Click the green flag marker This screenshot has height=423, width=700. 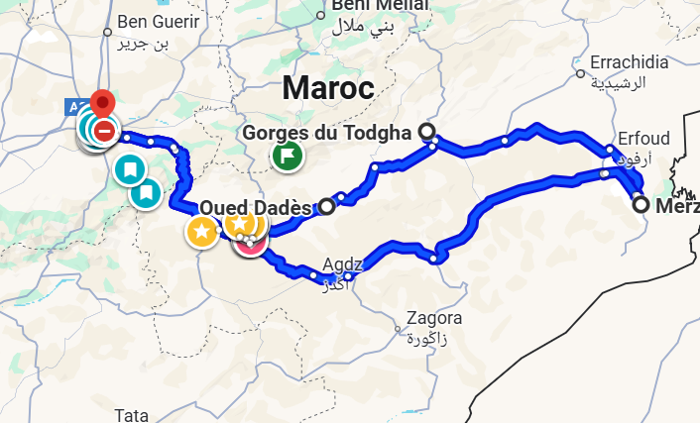point(288,155)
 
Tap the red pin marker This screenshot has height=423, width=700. point(102,103)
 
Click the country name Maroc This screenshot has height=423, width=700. point(327,87)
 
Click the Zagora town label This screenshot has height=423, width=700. point(435,319)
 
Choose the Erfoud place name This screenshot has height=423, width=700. point(643,138)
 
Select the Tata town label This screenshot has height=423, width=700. point(131,414)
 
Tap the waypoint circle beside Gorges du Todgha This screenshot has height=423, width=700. point(427,132)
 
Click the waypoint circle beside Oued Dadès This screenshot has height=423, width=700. point(327,207)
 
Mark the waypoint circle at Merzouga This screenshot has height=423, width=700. point(642,205)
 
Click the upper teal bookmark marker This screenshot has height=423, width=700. point(128,169)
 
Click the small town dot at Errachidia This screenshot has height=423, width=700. point(580,72)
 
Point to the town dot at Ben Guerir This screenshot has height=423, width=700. point(108,32)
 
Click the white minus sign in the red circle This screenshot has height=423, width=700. point(104,130)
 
